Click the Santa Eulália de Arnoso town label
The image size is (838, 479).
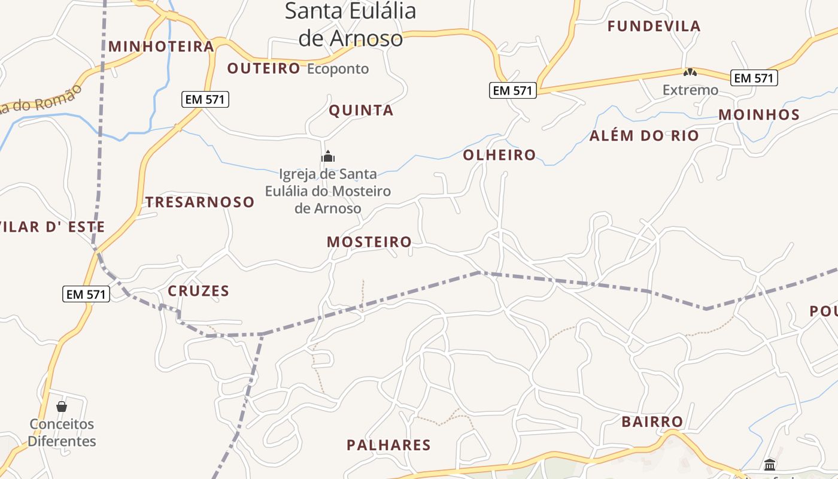click(x=350, y=25)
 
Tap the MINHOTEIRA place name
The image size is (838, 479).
click(x=161, y=46)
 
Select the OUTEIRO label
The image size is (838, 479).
click(x=263, y=68)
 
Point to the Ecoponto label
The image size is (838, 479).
click(x=338, y=69)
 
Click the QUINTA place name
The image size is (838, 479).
click(x=361, y=110)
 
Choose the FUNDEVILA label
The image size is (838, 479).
click(x=654, y=26)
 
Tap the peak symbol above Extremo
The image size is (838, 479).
click(x=690, y=72)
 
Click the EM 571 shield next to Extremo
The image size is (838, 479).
click(x=754, y=78)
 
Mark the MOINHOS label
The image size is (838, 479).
click(x=759, y=114)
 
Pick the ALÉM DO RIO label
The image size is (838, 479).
click(x=644, y=136)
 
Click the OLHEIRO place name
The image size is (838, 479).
click(x=499, y=155)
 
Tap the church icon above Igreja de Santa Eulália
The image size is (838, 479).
click(x=328, y=157)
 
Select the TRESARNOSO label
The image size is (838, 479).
click(x=200, y=202)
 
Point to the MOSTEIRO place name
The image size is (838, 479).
click(x=369, y=242)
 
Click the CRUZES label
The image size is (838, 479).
click(x=198, y=291)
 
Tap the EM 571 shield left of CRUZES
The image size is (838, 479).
click(x=86, y=294)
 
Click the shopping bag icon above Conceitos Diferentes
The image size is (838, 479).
click(x=62, y=407)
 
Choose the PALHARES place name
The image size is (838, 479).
click(x=388, y=445)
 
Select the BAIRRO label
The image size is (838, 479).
click(x=652, y=422)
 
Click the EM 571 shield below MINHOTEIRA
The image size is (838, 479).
click(x=205, y=99)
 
